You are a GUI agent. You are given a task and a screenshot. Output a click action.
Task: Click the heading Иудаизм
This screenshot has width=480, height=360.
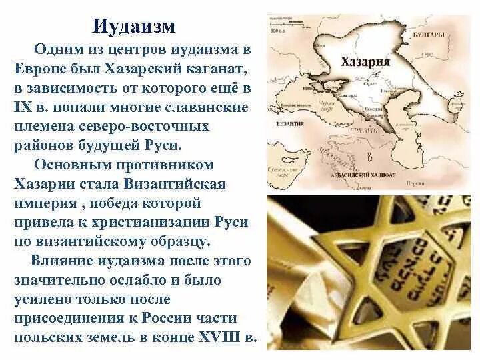[x=133, y=27]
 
